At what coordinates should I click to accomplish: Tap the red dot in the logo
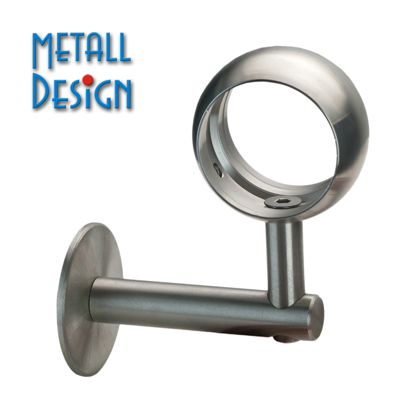[89, 79]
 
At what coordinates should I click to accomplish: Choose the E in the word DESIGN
[59, 94]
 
